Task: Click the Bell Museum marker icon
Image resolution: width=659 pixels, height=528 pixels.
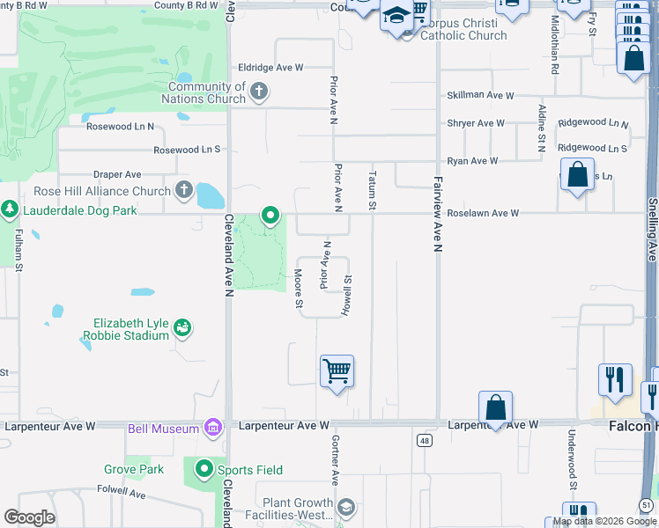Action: pos(212,429)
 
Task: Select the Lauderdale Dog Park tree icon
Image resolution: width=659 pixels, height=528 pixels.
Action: pos(10,210)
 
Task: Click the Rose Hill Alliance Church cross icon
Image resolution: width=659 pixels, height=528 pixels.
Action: pos(183,190)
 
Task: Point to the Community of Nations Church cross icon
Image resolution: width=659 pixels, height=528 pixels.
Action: pos(259,91)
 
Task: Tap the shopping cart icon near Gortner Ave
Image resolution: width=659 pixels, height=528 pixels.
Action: pos(337,370)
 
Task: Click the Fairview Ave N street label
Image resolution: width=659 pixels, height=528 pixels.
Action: pos(436,213)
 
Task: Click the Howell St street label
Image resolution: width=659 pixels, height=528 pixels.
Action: pos(349,296)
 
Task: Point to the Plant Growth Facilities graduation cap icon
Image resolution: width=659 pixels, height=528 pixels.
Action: pos(346,506)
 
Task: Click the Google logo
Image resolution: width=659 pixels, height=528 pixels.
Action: pos(29,517)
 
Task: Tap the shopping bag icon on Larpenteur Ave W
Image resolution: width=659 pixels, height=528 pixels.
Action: pos(496,407)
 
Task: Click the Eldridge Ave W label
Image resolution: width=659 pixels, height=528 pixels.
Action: pos(270,67)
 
